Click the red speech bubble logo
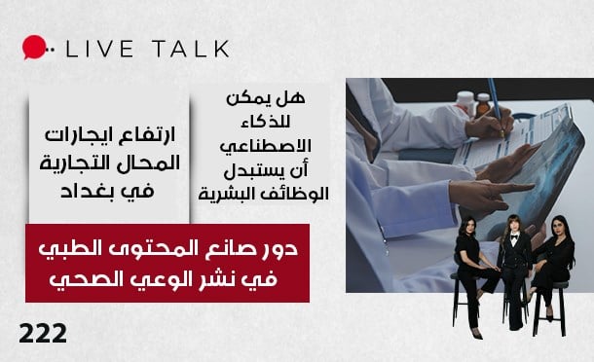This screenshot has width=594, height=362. click(x=33, y=47)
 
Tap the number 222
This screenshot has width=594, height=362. click(x=43, y=334)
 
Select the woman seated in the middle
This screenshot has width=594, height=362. click(x=513, y=266)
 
